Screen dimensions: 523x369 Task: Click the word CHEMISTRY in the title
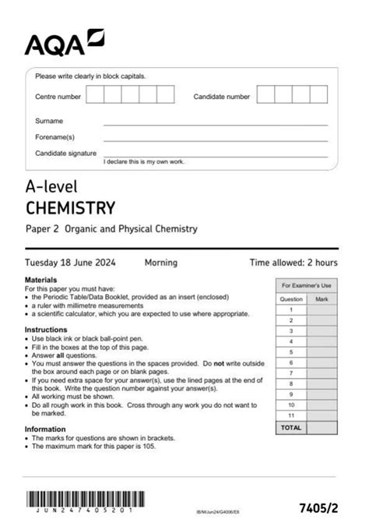point(70,207)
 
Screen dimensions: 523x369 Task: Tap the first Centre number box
point(95,95)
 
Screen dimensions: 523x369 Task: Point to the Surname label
point(49,121)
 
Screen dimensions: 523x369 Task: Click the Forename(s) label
point(54,136)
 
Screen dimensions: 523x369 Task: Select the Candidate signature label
point(65,153)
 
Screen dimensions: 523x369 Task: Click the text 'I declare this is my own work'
point(144,161)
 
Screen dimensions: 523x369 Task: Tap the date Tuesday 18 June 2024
point(74,263)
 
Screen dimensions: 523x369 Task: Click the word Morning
point(161,263)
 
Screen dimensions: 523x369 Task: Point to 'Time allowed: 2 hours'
point(293,263)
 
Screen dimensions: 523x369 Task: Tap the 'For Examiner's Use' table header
point(306,286)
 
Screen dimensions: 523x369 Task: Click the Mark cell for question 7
point(322,373)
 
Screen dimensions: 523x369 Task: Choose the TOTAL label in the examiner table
point(290,428)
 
